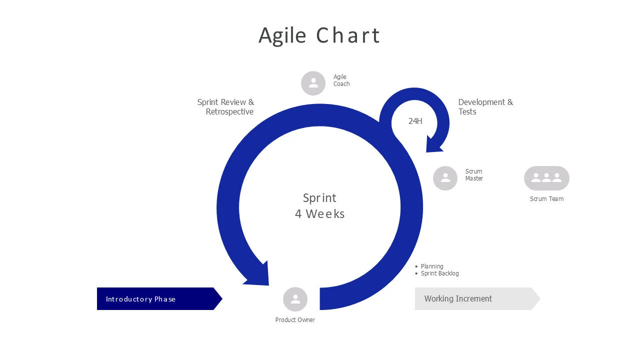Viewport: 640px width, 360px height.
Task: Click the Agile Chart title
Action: click(319, 35)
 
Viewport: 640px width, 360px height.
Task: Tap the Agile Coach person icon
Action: click(313, 83)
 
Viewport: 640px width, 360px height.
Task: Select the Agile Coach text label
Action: click(341, 80)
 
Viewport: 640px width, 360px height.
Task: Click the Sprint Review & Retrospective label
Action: click(226, 107)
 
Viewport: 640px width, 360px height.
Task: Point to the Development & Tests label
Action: click(485, 107)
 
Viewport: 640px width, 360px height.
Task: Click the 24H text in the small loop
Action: click(415, 121)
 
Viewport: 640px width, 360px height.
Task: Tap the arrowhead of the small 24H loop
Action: click(433, 144)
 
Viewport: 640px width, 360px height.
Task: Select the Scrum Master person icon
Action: click(445, 178)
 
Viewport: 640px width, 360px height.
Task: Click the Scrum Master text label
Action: click(473, 175)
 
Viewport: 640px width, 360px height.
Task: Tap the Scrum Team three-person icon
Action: click(546, 178)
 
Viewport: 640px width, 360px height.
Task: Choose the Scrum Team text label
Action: click(546, 199)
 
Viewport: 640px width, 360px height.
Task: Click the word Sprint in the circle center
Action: click(319, 198)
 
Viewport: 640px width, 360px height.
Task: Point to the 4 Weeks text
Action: click(319, 214)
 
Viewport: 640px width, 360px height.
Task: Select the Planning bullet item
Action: click(431, 266)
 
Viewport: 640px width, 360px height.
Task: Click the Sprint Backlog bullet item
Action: click(439, 273)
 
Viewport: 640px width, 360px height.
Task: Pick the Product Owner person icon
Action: click(295, 299)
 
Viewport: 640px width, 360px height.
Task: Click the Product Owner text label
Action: click(295, 320)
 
